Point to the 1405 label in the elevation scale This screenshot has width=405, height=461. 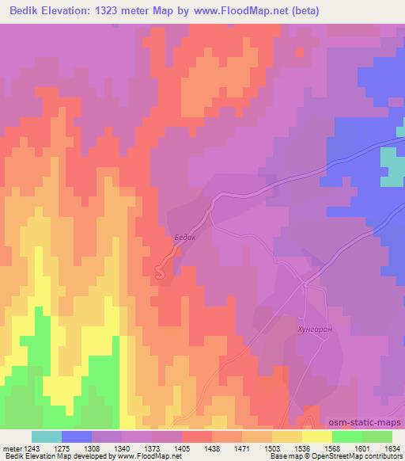coord(181,448)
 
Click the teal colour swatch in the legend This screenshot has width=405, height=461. coord(47,436)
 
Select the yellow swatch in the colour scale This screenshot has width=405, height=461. coord(316,436)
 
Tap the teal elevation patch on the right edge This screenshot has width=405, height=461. coord(392,166)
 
